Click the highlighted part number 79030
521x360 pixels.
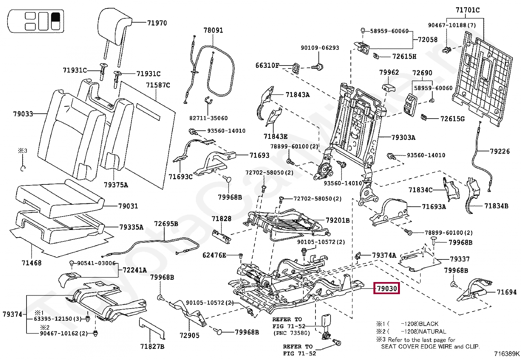tap(386, 289)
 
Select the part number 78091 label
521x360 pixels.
tap(213, 30)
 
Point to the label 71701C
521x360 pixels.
tap(468, 10)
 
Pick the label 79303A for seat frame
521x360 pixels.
tap(403, 138)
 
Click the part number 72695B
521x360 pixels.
tap(166, 224)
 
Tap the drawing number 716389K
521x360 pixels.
tap(507, 354)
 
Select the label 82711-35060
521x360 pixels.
tap(208, 118)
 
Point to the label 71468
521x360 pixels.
tap(31, 262)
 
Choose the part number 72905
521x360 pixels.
tap(189, 335)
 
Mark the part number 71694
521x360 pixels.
tap(506, 292)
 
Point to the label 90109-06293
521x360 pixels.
tap(320, 48)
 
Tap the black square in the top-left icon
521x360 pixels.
tap(56, 17)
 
